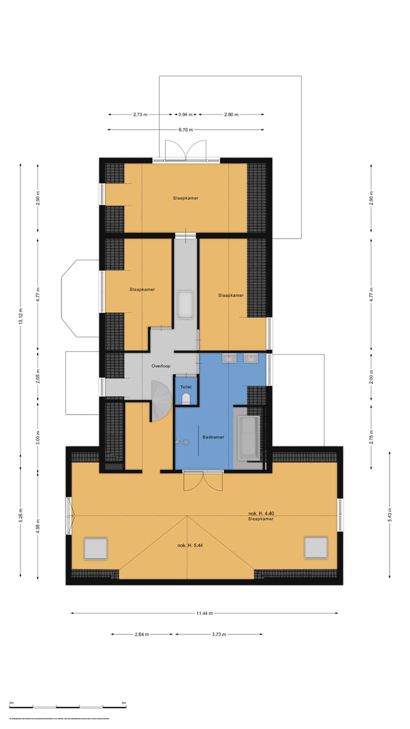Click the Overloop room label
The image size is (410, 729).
click(161, 366)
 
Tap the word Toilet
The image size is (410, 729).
click(186, 387)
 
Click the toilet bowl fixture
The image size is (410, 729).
click(186, 399)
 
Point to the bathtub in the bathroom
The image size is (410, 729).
click(248, 438)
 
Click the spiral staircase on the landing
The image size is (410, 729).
click(161, 400)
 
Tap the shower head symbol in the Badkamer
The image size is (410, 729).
click(181, 441)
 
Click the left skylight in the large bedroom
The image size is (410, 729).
click(96, 548)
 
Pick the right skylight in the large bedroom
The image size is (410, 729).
click(315, 547)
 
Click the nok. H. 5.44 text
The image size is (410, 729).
click(191, 546)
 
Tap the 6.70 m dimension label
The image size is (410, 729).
click(186, 130)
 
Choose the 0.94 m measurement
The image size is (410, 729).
click(186, 114)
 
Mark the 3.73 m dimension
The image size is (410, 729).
click(219, 634)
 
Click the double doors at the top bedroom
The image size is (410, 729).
click(185, 151)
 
